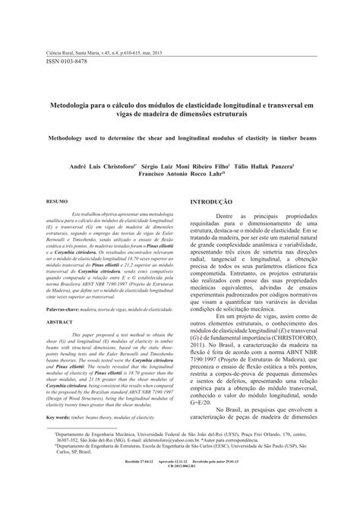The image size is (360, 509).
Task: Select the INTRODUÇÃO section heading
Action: point(210,202)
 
